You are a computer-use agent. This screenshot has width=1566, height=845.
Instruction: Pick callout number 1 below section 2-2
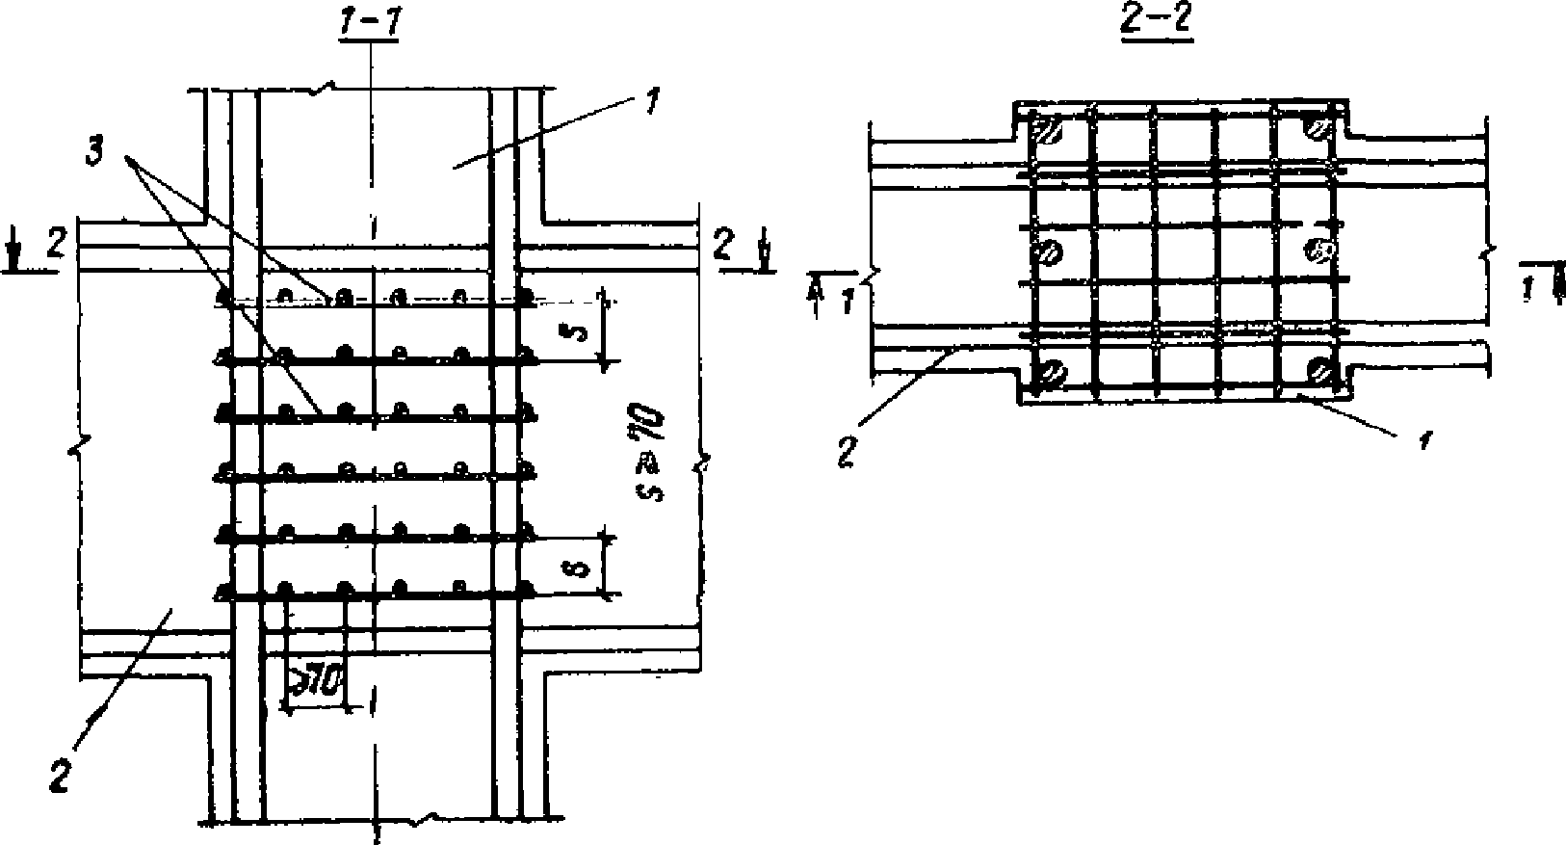1424,439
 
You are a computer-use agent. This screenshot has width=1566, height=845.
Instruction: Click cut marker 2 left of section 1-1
57,247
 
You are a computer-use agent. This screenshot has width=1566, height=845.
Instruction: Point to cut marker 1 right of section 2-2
1528,288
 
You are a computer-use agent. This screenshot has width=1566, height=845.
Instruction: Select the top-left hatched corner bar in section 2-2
1049,129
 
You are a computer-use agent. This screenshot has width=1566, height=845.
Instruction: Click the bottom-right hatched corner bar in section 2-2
1318,369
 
